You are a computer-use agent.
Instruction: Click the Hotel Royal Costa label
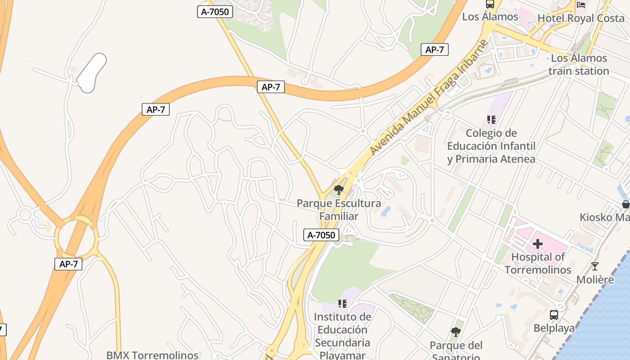pos(581,18)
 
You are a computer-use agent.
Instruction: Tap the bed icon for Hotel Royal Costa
pos(581,5)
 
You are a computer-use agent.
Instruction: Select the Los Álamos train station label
pos(579,64)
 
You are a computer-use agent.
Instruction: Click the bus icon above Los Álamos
pos(490,4)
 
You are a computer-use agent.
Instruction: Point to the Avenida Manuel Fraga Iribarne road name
pos(429,97)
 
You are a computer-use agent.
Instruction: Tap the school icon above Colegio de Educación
pos(491,120)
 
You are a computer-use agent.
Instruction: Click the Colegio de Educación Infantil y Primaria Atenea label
pos(491,146)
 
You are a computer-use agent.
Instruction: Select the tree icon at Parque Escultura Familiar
pos(339,190)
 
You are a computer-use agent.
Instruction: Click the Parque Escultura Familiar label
pos(339,210)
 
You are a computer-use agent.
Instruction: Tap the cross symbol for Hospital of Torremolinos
pos(538,244)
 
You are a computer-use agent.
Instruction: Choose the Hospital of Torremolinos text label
pos(538,263)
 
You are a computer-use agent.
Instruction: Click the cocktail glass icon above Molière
pos(595,266)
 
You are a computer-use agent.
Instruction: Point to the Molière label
pos(595,279)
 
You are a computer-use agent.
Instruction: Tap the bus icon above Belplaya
pos(554,315)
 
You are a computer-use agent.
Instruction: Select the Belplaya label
pos(554,328)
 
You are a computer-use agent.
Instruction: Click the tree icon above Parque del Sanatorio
pos(455,333)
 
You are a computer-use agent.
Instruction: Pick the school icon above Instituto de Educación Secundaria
pos(342,304)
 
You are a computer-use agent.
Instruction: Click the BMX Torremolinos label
pos(152,355)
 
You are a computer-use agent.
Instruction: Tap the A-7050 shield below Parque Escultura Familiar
pos(321,235)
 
